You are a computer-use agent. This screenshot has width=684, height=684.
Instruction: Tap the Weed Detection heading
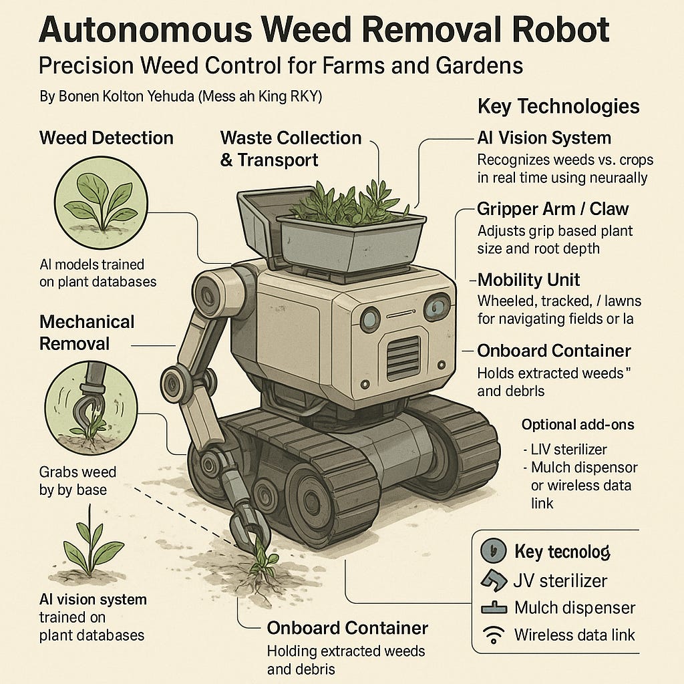(106, 138)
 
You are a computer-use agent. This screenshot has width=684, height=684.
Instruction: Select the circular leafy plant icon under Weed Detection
(102, 202)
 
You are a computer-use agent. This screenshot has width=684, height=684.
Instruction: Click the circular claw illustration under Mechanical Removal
(91, 408)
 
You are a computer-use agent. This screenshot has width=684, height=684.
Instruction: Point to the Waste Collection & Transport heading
(291, 149)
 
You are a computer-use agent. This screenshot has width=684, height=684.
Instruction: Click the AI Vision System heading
(544, 138)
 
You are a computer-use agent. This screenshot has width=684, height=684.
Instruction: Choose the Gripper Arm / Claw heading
(552, 209)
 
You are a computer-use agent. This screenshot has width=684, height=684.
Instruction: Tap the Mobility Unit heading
(529, 280)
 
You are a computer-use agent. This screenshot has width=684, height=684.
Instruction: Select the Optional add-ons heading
(578, 424)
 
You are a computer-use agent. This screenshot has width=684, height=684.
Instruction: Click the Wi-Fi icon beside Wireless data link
(494, 635)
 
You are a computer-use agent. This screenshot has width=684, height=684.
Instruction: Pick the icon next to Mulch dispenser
(494, 608)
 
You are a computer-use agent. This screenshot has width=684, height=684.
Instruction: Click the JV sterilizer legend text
(560, 581)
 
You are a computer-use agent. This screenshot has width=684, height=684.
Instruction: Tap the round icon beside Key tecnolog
(494, 550)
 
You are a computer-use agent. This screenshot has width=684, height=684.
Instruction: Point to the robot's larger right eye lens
(437, 307)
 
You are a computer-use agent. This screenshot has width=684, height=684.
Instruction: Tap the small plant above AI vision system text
(91, 542)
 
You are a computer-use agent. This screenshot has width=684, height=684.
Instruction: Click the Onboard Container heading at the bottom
(347, 628)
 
